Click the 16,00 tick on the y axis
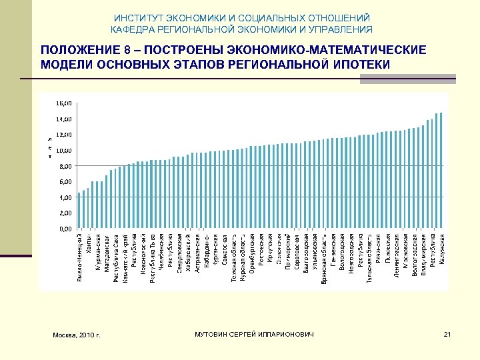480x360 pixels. [x=65, y=103]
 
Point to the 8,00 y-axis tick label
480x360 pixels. [x=65, y=166]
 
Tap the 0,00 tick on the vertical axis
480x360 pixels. [x=65, y=229]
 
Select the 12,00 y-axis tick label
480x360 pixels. [x=65, y=135]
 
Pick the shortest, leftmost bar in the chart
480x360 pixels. [x=79, y=211]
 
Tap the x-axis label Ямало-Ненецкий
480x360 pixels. [x=80, y=257]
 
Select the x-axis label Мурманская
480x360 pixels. [x=98, y=252]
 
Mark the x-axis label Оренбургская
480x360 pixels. [x=252, y=253]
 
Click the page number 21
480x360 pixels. [x=447, y=333]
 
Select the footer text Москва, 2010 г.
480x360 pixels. [x=77, y=334]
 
